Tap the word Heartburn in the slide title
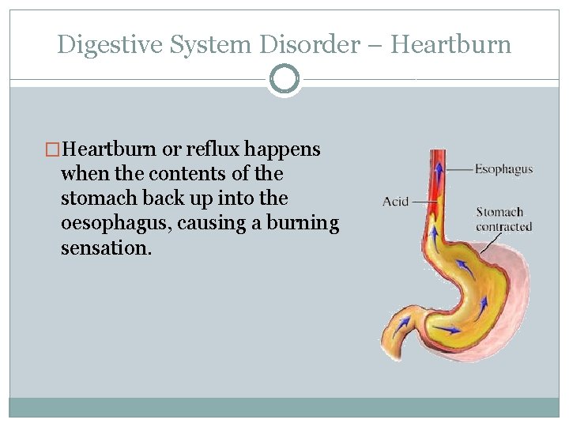coord(451,45)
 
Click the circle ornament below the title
coord(284,79)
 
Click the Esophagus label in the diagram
coord(503,168)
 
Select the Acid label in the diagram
coord(395,202)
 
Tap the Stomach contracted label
coord(503,219)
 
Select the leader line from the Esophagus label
coord(458,169)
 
